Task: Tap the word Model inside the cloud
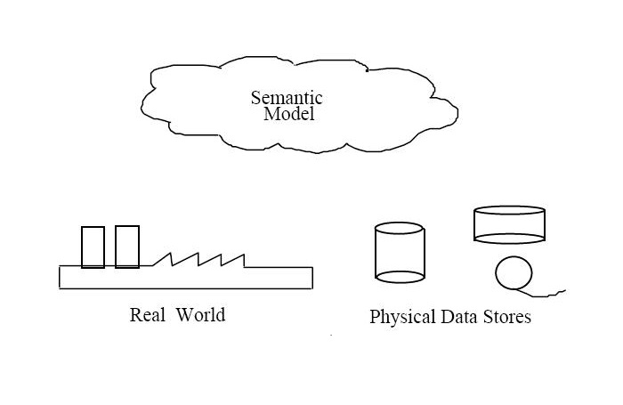(289, 115)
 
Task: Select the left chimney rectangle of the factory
(93, 247)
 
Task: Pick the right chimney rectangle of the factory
(127, 247)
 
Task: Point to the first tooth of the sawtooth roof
(163, 260)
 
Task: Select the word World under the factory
(200, 314)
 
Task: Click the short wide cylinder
(509, 224)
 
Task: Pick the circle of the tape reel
(513, 273)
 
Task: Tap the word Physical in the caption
(401, 317)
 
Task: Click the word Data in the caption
(458, 316)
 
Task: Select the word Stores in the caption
(507, 316)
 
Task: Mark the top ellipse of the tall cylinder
(400, 229)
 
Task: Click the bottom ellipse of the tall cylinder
(400, 276)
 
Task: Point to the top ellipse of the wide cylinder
(509, 211)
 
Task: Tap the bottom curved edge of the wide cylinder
(509, 241)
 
